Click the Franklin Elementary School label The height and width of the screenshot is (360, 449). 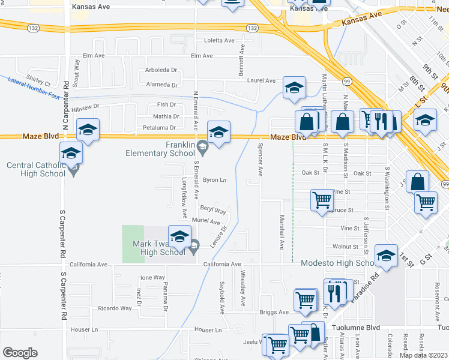click(160, 149)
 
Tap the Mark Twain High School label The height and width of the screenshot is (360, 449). click(158, 248)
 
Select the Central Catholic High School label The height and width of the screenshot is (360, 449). click(36, 169)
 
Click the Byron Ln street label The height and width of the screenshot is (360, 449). click(214, 180)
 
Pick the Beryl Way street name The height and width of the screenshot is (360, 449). click(213, 211)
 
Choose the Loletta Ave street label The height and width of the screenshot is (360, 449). click(219, 40)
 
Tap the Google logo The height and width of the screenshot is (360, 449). click(20, 353)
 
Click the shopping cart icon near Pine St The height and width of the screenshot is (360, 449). click(322, 200)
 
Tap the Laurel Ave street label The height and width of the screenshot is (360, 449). click(261, 80)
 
